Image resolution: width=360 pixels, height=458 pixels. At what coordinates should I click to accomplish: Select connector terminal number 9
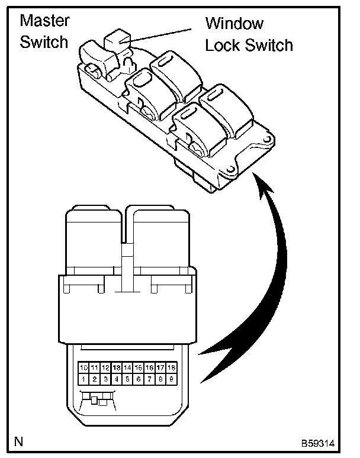click(x=171, y=378)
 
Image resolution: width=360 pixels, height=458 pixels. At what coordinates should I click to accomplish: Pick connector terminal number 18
click(x=171, y=367)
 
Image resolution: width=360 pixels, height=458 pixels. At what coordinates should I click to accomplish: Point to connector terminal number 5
click(x=128, y=378)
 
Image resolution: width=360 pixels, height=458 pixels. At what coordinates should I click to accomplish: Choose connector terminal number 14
click(x=128, y=367)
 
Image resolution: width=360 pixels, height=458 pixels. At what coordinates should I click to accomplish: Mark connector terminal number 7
click(x=149, y=378)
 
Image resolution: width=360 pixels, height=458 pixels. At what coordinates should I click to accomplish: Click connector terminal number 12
click(x=106, y=367)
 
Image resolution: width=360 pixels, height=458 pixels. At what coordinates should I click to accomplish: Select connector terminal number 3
click(x=106, y=378)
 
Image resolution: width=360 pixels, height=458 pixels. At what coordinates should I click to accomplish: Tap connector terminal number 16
click(x=149, y=367)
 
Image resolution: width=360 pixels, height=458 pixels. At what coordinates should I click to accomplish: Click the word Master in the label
click(x=44, y=21)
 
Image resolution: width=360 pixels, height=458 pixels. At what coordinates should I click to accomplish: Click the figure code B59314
click(x=324, y=441)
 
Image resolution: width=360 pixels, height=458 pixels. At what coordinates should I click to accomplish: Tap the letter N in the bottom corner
click(x=20, y=441)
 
